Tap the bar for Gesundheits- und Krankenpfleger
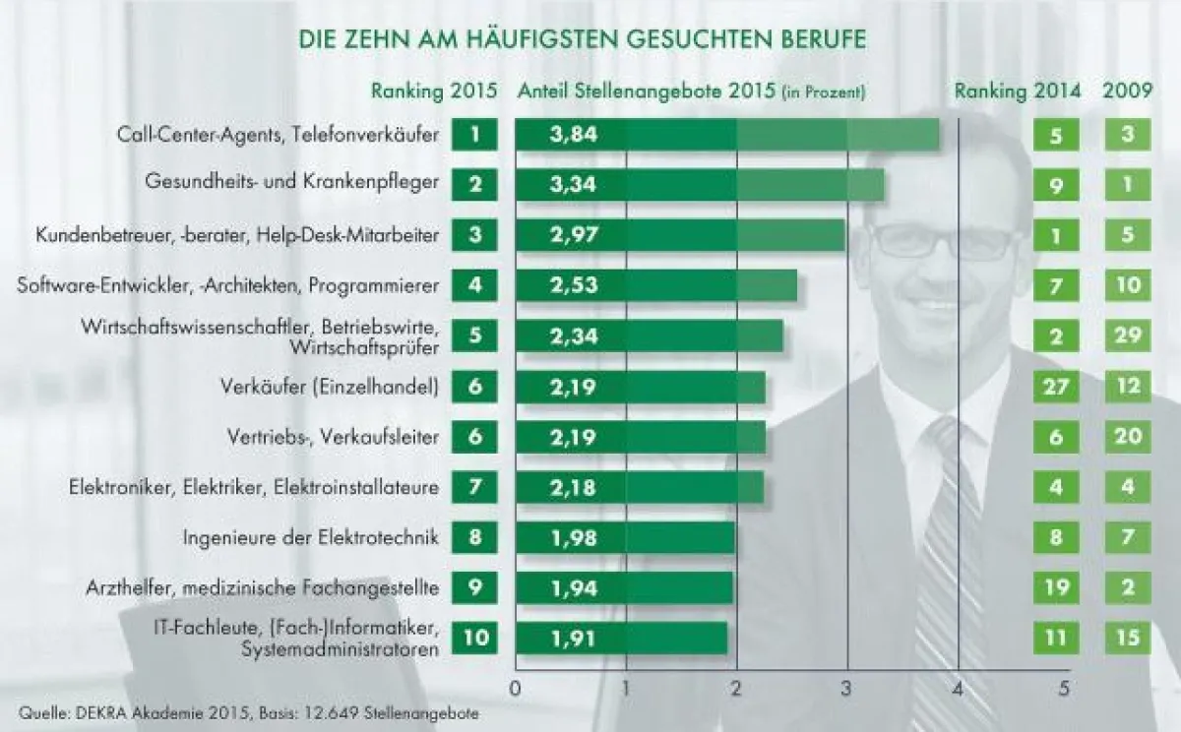[699, 184]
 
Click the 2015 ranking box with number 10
[475, 638]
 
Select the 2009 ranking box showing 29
[1128, 336]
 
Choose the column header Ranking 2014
[1018, 91]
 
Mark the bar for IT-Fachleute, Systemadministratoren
[621, 638]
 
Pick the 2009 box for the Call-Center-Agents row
[1128, 134]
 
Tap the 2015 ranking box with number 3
[475, 235]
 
